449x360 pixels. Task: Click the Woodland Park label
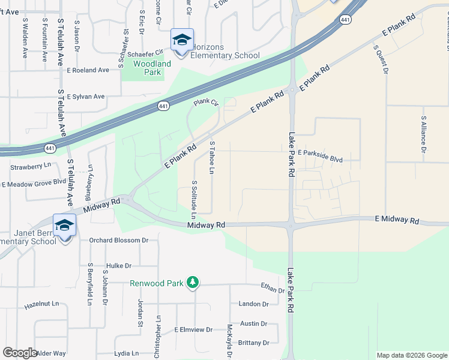tap(152, 68)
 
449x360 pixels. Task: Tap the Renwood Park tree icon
tap(192, 283)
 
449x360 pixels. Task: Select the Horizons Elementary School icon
tap(181, 41)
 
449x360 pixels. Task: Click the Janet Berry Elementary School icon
tap(64, 226)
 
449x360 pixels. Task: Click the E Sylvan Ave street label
tap(86, 96)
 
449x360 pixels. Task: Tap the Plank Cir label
tap(205, 103)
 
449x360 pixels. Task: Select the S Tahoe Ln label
tap(212, 157)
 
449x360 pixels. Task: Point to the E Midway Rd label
tap(397, 221)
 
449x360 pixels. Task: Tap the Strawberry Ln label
tap(26, 166)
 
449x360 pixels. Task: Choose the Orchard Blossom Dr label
tap(119, 240)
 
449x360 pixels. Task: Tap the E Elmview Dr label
tap(193, 329)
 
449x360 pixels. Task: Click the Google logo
tap(20, 353)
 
